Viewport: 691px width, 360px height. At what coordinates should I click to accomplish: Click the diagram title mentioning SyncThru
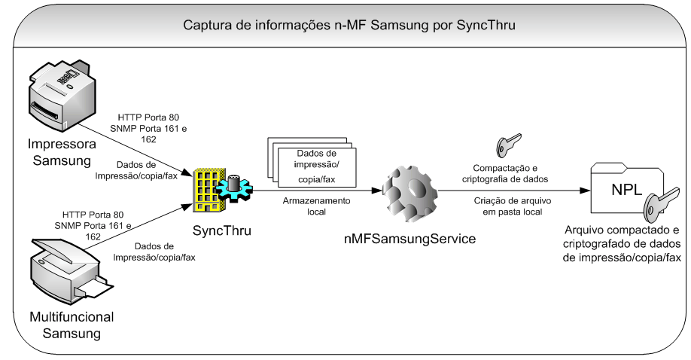pos(349,26)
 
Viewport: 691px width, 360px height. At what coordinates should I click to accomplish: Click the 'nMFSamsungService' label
pos(406,238)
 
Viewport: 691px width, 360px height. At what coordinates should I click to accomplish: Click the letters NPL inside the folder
pos(621,184)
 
